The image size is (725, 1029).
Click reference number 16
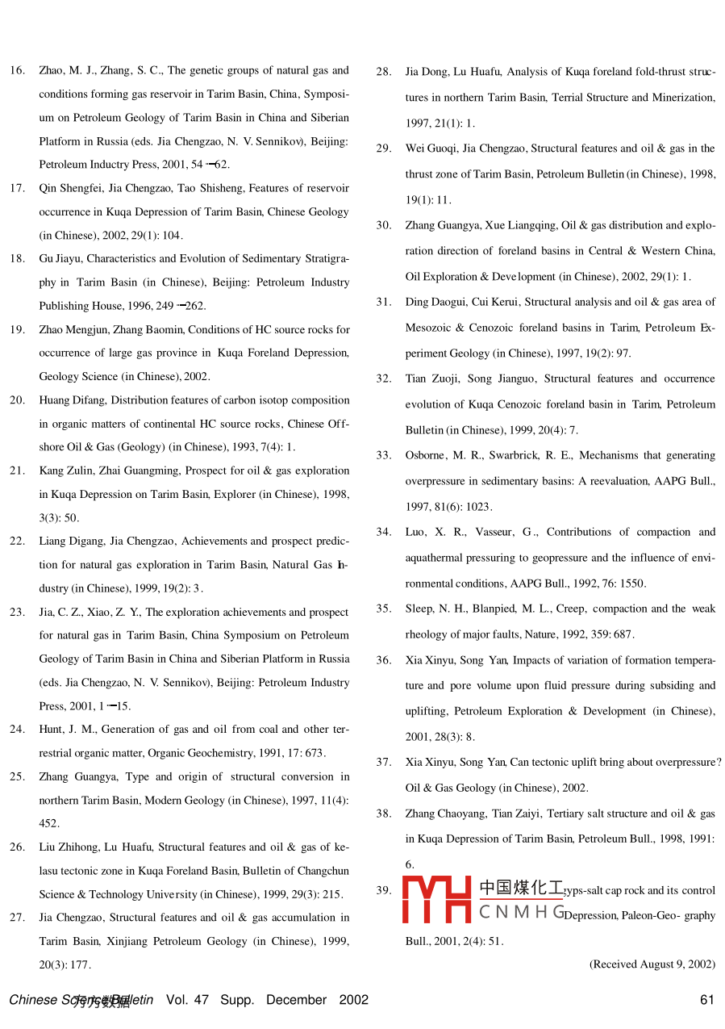(16, 71)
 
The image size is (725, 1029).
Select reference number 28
(383, 72)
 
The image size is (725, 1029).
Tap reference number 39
(383, 890)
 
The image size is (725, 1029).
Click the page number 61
(707, 1000)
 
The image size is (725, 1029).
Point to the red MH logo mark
(436, 900)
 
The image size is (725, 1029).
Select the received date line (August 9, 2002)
(652, 964)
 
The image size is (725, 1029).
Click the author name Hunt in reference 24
(52, 730)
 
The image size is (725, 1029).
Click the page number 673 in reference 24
(312, 754)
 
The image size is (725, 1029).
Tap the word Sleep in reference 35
(419, 609)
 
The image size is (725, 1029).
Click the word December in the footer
(296, 1000)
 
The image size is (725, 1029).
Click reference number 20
(16, 400)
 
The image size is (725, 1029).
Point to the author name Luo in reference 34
(416, 532)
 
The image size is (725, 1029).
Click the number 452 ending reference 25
(48, 824)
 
